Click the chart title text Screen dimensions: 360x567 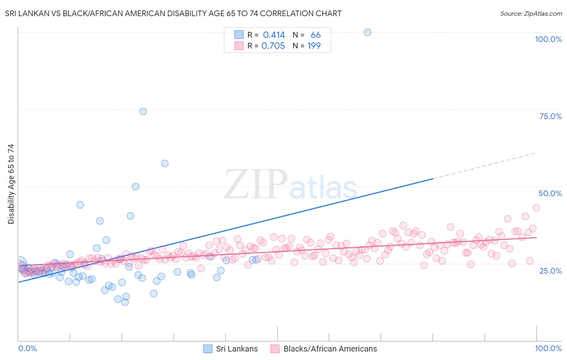click(173, 14)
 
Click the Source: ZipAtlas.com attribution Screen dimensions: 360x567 click(531, 14)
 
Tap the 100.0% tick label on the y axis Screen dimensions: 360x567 click(548, 39)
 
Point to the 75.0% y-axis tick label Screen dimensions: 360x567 click(550, 116)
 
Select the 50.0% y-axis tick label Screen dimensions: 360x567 click(550, 193)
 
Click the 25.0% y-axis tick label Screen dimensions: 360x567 click(550, 270)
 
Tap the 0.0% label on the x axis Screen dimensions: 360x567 click(27, 348)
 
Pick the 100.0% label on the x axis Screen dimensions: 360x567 click(548, 348)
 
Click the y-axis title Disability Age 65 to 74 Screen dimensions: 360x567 click(11, 184)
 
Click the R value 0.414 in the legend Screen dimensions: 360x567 click(274, 35)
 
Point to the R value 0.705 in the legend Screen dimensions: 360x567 click(273, 46)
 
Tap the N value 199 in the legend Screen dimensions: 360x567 click(314, 46)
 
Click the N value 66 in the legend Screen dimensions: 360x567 click(315, 35)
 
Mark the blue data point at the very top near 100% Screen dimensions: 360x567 click(367, 32)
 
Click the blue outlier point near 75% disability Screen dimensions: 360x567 click(143, 111)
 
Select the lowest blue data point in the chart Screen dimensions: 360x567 click(125, 302)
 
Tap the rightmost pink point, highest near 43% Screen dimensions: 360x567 click(536, 208)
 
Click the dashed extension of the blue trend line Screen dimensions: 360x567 click(484, 165)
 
